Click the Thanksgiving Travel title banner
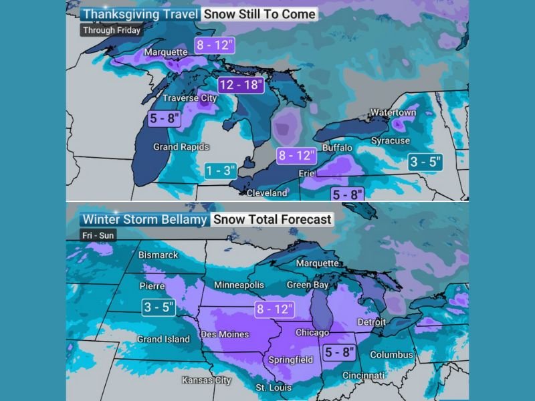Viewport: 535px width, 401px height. coord(139,14)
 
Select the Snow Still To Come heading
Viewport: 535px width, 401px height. coord(259,14)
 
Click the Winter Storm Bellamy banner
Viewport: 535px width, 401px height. coord(144,219)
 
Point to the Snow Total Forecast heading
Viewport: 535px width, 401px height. coord(272,219)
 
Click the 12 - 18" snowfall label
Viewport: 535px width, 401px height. coord(241,85)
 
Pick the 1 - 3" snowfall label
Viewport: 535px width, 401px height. coord(221,170)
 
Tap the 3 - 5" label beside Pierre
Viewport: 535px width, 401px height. coord(158,307)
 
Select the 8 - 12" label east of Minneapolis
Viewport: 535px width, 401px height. coord(275,309)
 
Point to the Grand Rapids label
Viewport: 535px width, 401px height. coord(181,147)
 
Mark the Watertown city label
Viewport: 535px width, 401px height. coord(393,112)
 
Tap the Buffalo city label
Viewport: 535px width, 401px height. coord(337,147)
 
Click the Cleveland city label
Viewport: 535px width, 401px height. coord(267,192)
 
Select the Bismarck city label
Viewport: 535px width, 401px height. coord(158,255)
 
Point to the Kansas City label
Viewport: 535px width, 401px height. coord(207,380)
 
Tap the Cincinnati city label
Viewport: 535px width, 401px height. coord(363,376)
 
